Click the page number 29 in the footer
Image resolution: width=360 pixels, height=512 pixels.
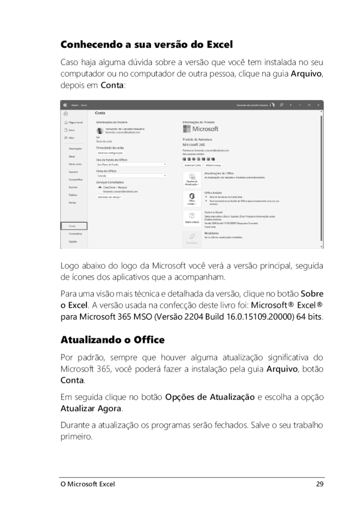[x=320, y=484]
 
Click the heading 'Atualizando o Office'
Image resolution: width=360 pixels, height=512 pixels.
[x=112, y=340]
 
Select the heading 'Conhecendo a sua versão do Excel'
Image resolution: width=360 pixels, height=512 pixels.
[x=146, y=44]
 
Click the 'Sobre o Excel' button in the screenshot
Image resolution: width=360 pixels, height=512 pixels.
[x=192, y=217]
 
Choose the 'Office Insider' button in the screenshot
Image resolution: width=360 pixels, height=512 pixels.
[x=192, y=198]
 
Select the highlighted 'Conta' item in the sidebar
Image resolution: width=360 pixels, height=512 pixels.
[x=73, y=226]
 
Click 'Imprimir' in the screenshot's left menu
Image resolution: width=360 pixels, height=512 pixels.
[x=73, y=171]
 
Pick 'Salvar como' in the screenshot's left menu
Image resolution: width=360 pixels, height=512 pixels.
[x=75, y=164]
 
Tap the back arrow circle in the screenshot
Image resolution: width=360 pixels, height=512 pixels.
[x=65, y=113]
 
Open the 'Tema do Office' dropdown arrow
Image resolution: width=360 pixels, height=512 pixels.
[x=165, y=175]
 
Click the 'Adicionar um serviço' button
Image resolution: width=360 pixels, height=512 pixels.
[x=109, y=197]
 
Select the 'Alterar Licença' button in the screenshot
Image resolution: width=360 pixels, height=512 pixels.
[x=213, y=164]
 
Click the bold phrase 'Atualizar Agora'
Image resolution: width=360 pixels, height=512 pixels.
[x=90, y=408]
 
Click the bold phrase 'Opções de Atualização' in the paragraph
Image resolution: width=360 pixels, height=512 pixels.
[x=209, y=397]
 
